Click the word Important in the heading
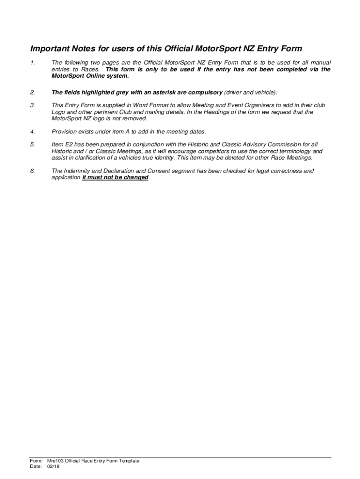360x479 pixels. tap(49, 49)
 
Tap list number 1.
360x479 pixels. tap(32, 63)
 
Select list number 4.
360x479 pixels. tap(32, 131)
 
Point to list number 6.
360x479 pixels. tap(32, 171)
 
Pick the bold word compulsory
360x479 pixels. tap(204, 93)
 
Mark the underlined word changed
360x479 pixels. tap(136, 178)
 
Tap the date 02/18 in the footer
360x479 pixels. tap(53, 466)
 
